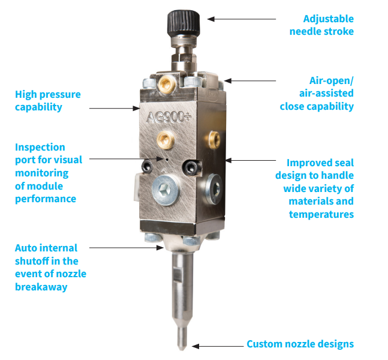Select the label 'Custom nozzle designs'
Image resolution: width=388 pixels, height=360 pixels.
(x=300, y=344)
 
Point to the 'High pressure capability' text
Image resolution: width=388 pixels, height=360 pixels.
(x=48, y=100)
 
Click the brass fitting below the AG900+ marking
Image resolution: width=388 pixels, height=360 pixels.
(x=163, y=141)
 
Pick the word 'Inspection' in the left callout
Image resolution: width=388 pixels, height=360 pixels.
(x=40, y=147)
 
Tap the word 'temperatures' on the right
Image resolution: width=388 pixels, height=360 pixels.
(x=321, y=214)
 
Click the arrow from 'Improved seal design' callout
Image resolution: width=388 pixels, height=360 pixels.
(x=249, y=161)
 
